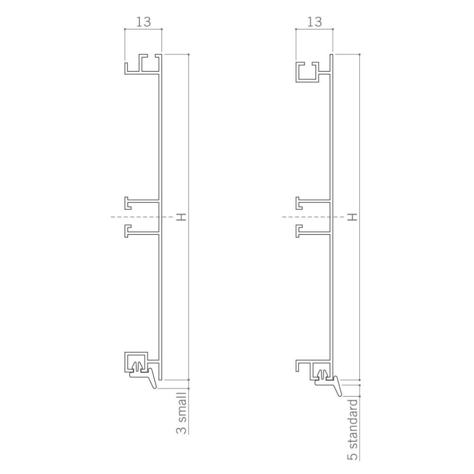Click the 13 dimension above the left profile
point(143,22)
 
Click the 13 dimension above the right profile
point(314,22)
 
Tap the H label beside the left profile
point(181,217)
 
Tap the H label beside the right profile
point(352,217)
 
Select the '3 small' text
point(182,413)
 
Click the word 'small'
point(182,407)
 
